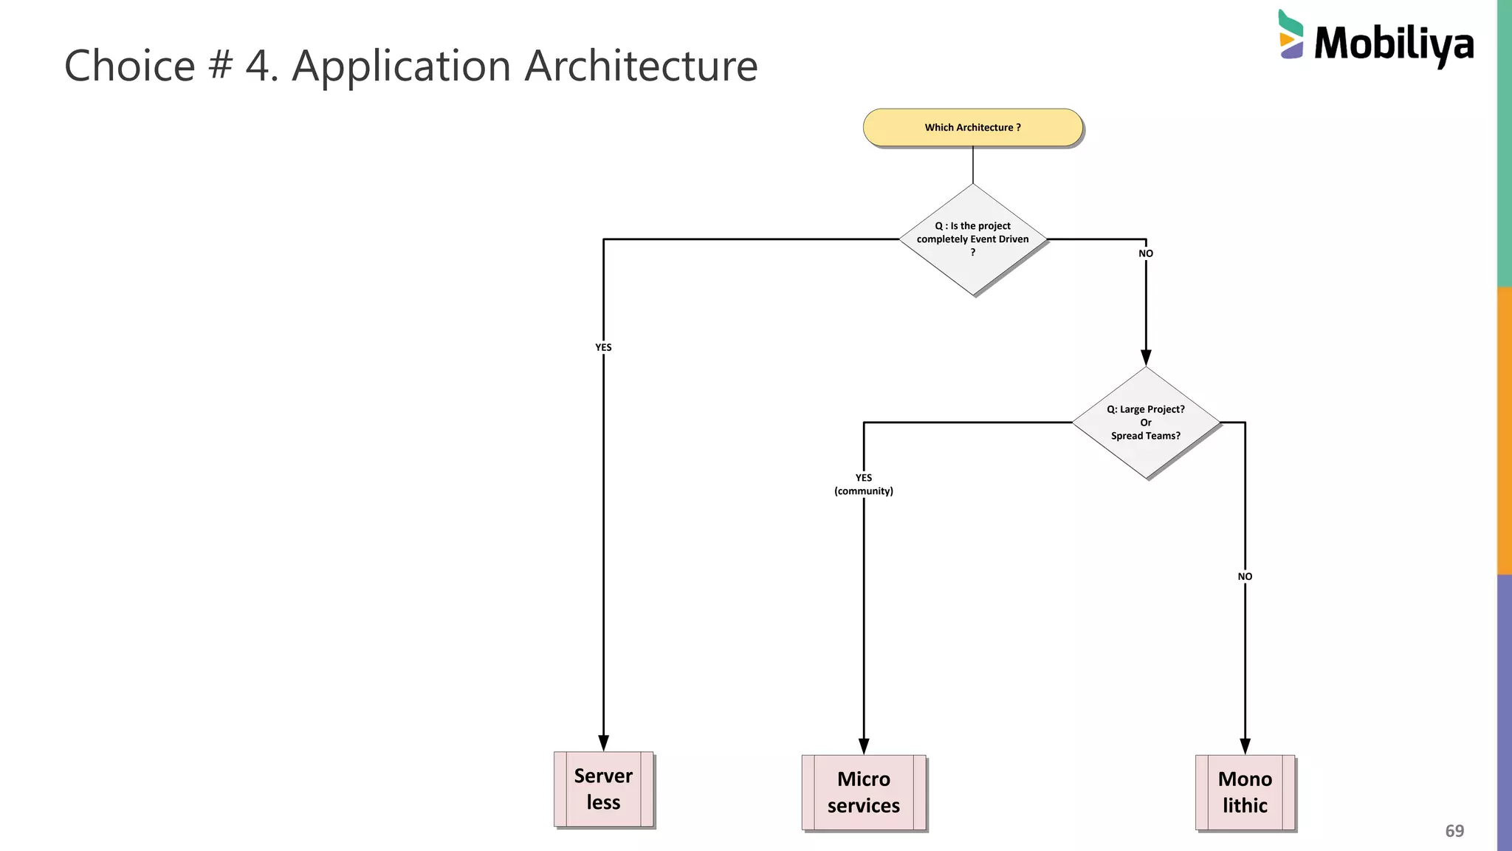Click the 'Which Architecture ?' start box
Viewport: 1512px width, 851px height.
(972, 127)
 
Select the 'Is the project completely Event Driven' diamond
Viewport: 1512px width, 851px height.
(972, 239)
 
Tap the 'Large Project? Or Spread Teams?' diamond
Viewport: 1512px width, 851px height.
(1145, 423)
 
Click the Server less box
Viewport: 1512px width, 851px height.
(603, 789)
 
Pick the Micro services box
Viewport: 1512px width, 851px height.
(863, 792)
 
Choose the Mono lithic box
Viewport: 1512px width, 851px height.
(1245, 792)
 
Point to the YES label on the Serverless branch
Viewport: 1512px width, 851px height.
(603, 347)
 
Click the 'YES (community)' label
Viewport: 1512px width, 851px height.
(863, 485)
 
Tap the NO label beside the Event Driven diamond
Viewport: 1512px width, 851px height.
(1145, 253)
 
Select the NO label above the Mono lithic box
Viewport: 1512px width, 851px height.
(1245, 576)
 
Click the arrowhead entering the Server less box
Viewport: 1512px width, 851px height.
(603, 743)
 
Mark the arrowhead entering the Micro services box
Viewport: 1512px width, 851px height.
(863, 746)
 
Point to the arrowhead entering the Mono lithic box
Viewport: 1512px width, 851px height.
(1245, 746)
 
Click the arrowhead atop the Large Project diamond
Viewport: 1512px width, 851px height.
(1145, 358)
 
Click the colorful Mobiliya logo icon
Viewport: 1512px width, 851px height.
(1291, 35)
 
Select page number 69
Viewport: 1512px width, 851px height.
(1454, 831)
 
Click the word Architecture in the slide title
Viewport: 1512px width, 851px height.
(641, 66)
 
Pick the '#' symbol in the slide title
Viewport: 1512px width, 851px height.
(219, 66)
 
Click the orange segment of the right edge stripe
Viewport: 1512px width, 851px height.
(1504, 430)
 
